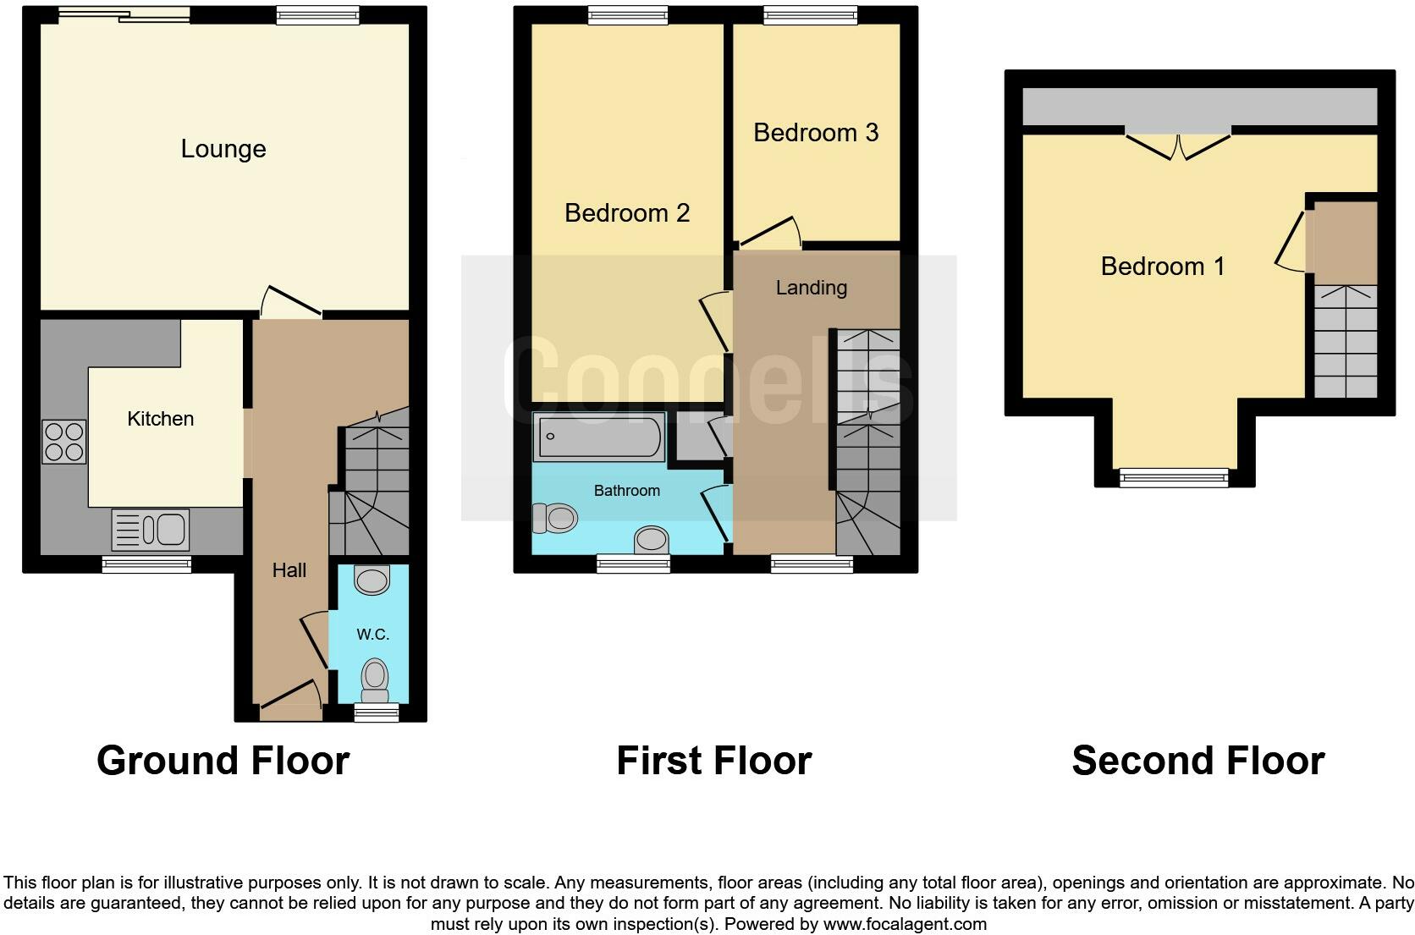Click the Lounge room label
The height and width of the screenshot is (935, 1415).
tap(223, 149)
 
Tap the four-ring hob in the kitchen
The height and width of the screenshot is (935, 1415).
tap(64, 441)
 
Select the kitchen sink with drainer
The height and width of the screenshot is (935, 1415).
tap(151, 530)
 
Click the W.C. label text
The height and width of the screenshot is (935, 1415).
tap(372, 635)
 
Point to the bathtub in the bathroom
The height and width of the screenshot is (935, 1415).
tap(599, 437)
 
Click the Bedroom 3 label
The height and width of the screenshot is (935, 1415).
tap(815, 133)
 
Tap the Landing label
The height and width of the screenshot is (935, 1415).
tap(811, 288)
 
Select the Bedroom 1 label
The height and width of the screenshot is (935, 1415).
tap(1162, 267)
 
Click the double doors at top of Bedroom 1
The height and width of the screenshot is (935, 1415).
tap(1177, 146)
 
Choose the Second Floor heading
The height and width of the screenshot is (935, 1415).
tap(1198, 761)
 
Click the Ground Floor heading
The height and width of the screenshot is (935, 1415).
tap(223, 761)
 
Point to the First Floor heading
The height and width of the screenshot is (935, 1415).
tap(713, 761)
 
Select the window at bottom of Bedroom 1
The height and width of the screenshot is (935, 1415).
tap(1173, 478)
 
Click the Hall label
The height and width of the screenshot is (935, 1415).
tap(289, 570)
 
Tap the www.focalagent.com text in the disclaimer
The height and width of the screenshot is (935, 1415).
tap(904, 924)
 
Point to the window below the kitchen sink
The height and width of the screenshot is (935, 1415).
tap(146, 564)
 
